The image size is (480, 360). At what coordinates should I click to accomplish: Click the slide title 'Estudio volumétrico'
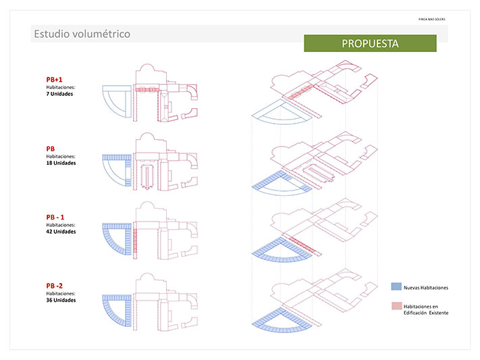coord(82,34)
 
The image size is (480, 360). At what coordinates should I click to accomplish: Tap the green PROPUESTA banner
coord(370,43)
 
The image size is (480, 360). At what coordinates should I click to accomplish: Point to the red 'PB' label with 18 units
coord(51,149)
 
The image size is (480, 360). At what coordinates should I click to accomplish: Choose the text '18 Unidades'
coord(61,163)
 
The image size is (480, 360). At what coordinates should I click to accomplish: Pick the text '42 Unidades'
coord(61,232)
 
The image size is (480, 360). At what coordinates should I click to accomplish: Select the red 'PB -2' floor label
coord(56,286)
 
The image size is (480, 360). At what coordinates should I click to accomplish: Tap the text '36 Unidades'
coord(61,300)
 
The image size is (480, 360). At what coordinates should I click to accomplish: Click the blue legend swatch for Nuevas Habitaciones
coord(396,287)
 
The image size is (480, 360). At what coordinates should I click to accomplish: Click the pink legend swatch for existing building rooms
coord(396,306)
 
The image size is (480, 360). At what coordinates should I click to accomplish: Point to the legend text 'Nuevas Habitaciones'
coord(425,288)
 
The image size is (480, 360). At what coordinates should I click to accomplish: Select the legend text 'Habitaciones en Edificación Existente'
coord(425,309)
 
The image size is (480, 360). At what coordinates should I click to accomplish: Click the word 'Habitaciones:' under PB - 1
coord(61,225)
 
